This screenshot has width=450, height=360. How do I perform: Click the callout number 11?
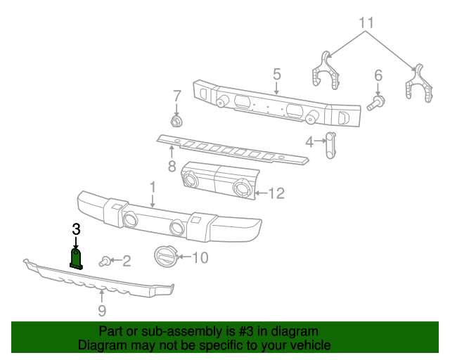pyautogui.click(x=366, y=22)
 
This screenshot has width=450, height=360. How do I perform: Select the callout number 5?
pyautogui.click(x=276, y=74)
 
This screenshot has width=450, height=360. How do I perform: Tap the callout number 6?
pyautogui.click(x=378, y=75)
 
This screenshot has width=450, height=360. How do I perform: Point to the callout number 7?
pyautogui.click(x=176, y=96)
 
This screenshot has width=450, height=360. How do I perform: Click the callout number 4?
pyautogui.click(x=309, y=143)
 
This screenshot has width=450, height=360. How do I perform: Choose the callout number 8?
pyautogui.click(x=171, y=167)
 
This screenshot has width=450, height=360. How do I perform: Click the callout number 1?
pyautogui.click(x=151, y=186)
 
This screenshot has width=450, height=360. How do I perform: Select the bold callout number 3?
pyautogui.click(x=76, y=229)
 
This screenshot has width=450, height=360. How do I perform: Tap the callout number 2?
pyautogui.click(x=127, y=262)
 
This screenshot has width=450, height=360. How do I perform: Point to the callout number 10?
pyautogui.click(x=200, y=258)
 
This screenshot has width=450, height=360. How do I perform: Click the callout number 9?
pyautogui.click(x=101, y=310)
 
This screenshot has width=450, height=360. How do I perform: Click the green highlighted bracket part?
pyautogui.click(x=77, y=258)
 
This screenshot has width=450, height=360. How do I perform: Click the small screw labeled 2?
pyautogui.click(x=105, y=262)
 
